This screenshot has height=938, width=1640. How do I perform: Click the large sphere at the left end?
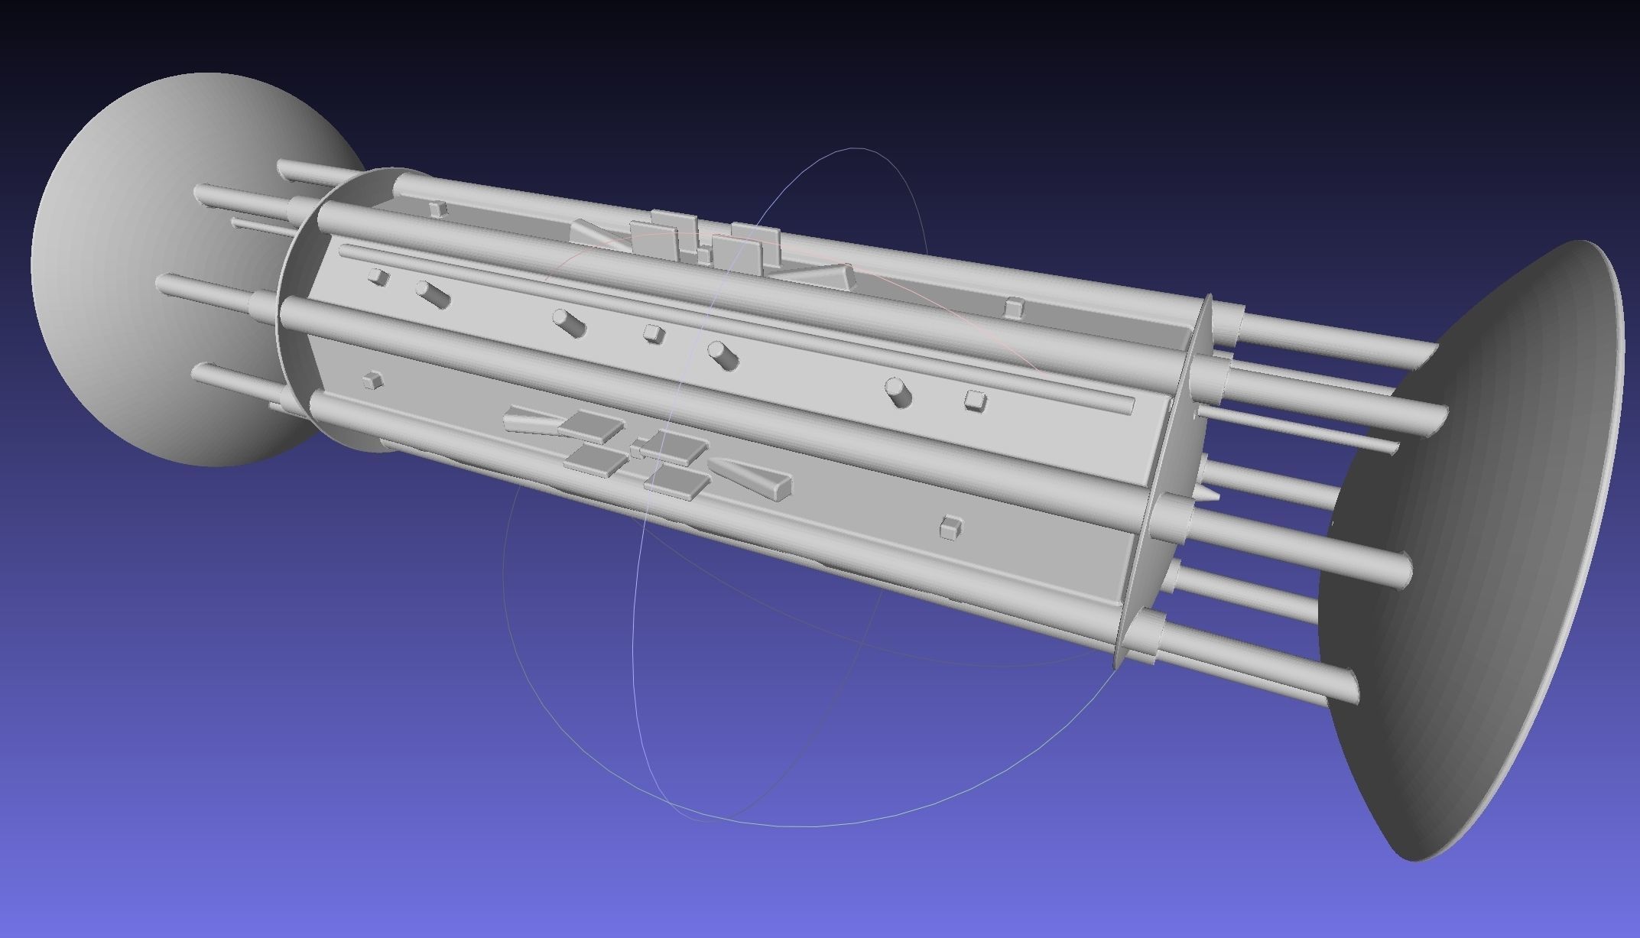153,268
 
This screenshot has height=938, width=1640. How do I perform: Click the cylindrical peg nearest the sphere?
432,294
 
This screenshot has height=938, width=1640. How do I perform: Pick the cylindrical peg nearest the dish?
898,391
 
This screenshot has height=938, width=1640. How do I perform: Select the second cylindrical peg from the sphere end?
569,323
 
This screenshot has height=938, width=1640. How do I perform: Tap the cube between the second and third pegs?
653,333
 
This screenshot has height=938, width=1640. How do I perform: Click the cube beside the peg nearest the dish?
975,401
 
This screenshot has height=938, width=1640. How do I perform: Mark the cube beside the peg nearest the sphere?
379,277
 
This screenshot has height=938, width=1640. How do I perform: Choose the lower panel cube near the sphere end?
372,380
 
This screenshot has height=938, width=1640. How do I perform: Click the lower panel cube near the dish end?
950,526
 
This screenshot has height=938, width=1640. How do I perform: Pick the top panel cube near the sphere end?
437,209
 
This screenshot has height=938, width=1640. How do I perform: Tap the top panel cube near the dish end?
1014,308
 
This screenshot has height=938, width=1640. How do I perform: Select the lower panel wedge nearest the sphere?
531,420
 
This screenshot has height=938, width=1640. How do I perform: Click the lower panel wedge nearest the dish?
753,477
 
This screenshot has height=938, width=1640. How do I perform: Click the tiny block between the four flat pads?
636,449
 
